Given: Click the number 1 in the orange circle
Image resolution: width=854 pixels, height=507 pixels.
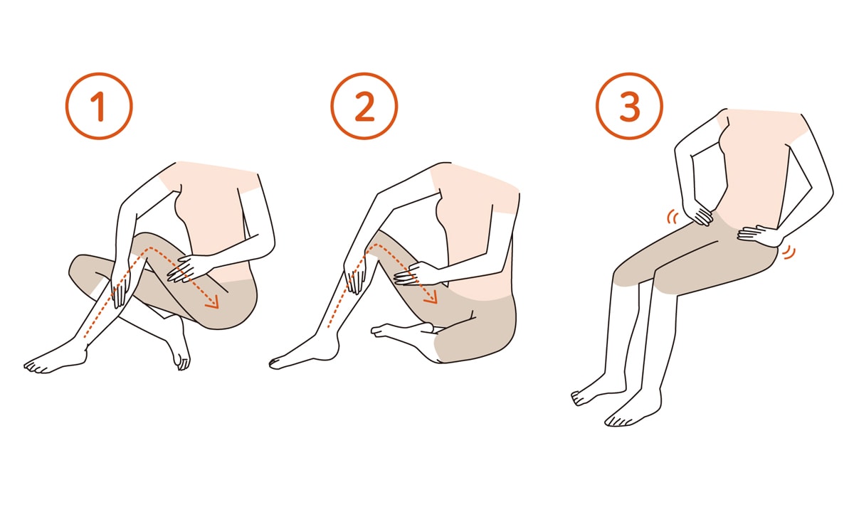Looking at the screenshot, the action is [x=99, y=106].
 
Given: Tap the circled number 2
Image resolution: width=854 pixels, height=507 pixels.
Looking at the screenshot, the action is [x=364, y=106].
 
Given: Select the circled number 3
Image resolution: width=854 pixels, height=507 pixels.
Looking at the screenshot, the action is [x=629, y=106].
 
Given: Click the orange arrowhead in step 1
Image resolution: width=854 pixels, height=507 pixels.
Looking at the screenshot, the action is [x=213, y=301].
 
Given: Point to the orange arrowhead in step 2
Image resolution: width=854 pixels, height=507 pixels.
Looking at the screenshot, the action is [x=431, y=297].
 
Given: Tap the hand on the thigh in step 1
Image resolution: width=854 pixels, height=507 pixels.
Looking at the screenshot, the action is [x=184, y=269].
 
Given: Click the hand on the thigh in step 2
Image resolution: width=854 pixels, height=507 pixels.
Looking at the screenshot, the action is [x=413, y=274].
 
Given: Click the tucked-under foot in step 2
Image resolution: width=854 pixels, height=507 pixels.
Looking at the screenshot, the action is [x=400, y=331].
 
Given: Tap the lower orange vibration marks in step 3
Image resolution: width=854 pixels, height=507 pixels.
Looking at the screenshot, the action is [x=790, y=252].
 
